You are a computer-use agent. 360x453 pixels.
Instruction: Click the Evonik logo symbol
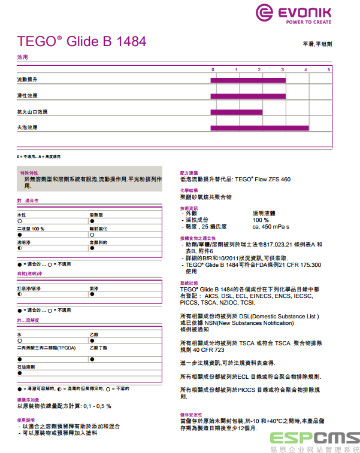pyautogui.click(x=265, y=13)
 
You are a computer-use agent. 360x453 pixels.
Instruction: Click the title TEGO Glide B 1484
pyautogui.click(x=81, y=42)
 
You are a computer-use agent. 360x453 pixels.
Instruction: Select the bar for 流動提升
pyautogui.click(x=248, y=80)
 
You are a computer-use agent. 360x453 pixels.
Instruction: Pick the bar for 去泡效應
pyautogui.click(x=259, y=127)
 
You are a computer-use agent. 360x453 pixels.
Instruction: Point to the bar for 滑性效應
pyautogui.click(x=248, y=96)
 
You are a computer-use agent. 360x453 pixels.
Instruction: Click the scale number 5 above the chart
pyautogui.click(x=329, y=70)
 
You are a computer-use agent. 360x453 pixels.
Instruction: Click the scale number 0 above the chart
pyautogui.click(x=212, y=70)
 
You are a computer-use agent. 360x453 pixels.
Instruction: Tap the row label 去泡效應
pyautogui.click(x=28, y=127)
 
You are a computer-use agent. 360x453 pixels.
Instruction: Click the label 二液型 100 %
pyautogui.click(x=31, y=229)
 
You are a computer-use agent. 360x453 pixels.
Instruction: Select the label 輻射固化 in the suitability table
pyautogui.click(x=98, y=229)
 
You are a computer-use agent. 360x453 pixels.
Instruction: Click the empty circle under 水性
pyautogui.click(x=20, y=221)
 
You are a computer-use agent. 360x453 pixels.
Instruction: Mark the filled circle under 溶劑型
pyautogui.click(x=92, y=221)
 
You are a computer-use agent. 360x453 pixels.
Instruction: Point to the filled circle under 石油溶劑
pyautogui.click(x=20, y=373)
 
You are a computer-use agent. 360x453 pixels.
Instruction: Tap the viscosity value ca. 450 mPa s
pyautogui.click(x=271, y=227)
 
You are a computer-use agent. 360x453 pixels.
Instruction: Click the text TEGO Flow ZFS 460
pyautogui.click(x=263, y=179)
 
